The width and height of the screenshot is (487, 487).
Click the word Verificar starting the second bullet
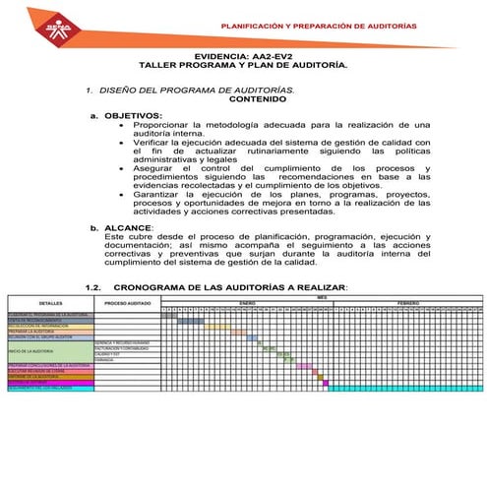click(157, 143)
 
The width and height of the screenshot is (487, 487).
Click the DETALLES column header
click(49, 304)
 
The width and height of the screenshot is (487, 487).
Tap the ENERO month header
click(247, 302)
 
